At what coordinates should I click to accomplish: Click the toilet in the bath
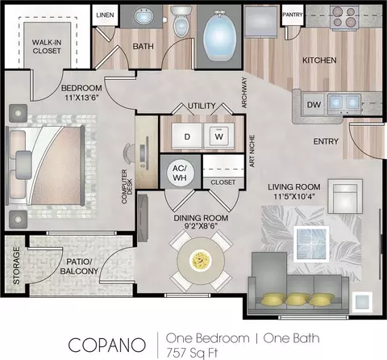point(181,22)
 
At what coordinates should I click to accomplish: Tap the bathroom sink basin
point(143,16)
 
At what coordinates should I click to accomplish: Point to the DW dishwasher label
point(314,105)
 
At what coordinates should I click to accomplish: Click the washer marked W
point(219,136)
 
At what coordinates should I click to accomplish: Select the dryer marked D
point(187,136)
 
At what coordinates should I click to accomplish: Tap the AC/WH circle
point(180,173)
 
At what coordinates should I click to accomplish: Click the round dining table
point(201,260)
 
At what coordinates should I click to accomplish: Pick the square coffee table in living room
point(311,244)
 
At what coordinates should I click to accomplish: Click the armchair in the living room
point(345,196)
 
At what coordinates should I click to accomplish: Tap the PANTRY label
point(293,15)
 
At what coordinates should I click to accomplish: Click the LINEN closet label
point(105,15)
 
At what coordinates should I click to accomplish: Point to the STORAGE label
point(16,266)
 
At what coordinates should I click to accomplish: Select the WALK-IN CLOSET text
point(47,46)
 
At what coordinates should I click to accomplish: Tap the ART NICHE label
point(252,151)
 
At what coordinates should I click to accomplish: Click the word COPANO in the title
point(107,345)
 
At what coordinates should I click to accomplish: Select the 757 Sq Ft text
point(192,353)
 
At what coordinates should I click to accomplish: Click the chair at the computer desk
point(128,153)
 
